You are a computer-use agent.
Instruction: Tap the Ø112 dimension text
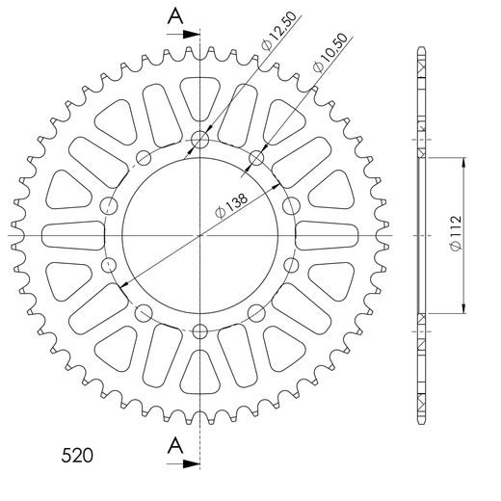[x=454, y=234]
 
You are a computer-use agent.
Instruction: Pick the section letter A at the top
[x=174, y=14]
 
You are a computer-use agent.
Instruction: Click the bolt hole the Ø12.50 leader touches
[x=200, y=140]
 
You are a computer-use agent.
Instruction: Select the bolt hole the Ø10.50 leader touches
[x=256, y=157]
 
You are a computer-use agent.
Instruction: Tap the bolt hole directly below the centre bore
[x=200, y=331]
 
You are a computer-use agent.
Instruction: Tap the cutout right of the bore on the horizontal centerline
[x=328, y=235]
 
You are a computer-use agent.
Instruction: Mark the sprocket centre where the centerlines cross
[x=200, y=235]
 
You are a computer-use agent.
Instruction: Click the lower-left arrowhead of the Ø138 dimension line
[x=121, y=284]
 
